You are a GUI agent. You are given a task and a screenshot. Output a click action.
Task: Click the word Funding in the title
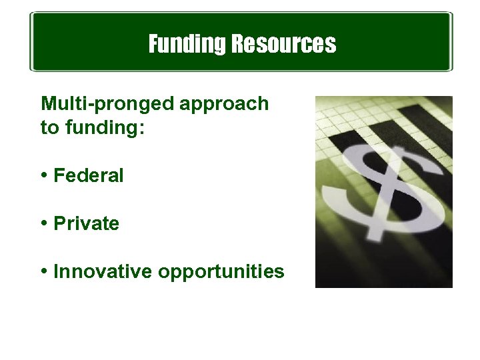coord(187,45)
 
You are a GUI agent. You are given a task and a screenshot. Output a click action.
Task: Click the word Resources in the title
coord(283,45)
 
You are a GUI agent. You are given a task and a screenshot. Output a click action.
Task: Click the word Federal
coord(88,176)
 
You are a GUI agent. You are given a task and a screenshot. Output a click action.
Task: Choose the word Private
coord(86,224)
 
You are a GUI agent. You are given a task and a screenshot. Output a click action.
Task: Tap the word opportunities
coord(223,273)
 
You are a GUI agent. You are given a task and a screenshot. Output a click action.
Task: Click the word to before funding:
coord(49,127)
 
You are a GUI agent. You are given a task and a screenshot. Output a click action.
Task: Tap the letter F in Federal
coord(58,176)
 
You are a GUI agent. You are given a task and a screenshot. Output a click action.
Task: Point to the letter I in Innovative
coord(56,272)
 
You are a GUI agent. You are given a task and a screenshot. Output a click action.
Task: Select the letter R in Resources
coord(238,45)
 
